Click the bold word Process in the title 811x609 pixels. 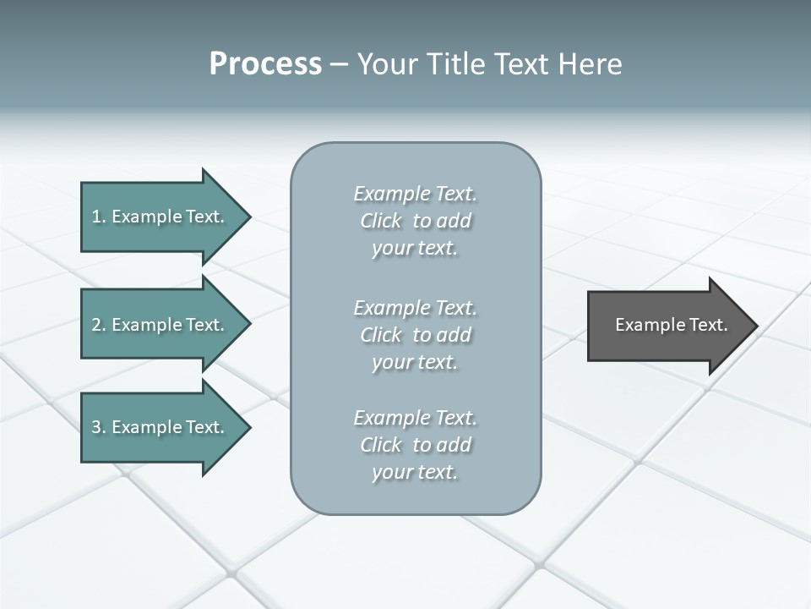[x=265, y=64]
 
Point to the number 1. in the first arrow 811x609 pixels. [x=98, y=217]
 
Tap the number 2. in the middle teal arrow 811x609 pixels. [x=98, y=325]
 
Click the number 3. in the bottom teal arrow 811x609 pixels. [x=98, y=427]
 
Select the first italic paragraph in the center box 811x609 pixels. [x=415, y=221]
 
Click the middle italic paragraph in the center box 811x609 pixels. [x=415, y=335]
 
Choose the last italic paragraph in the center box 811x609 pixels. [x=415, y=445]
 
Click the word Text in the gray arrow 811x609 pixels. [x=708, y=325]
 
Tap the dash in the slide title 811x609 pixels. [x=339, y=65]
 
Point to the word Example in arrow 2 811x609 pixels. [x=147, y=325]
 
